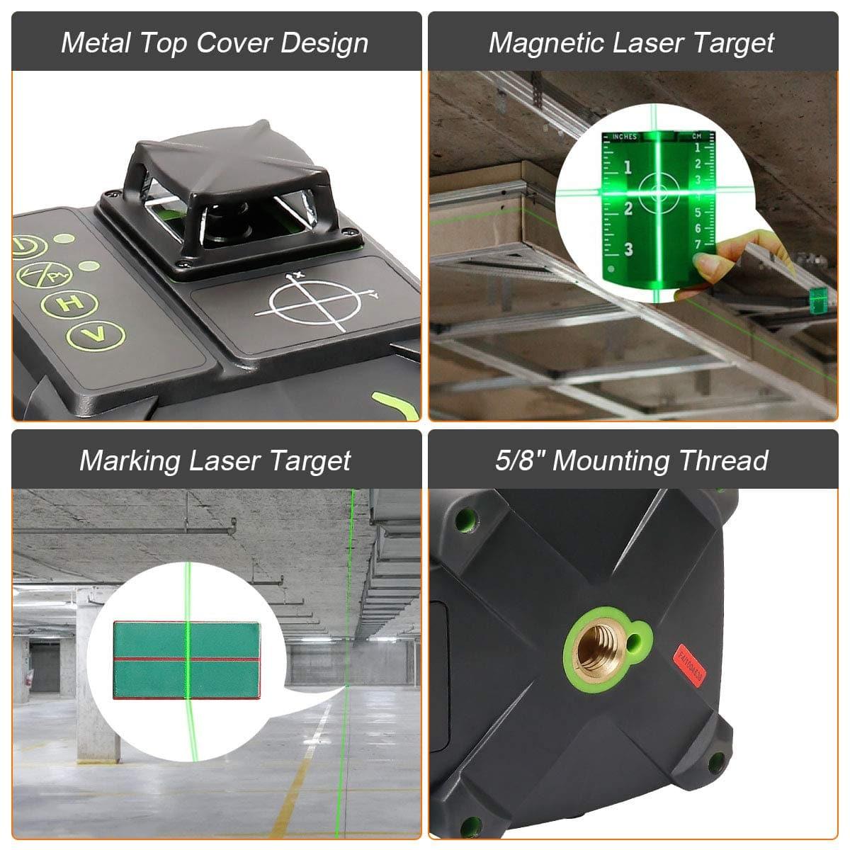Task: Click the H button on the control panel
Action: click(69, 304)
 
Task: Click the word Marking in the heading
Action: click(130, 460)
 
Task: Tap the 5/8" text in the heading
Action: click(519, 460)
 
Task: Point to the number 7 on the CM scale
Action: click(697, 244)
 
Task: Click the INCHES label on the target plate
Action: click(624, 137)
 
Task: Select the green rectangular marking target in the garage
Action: click(186, 660)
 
